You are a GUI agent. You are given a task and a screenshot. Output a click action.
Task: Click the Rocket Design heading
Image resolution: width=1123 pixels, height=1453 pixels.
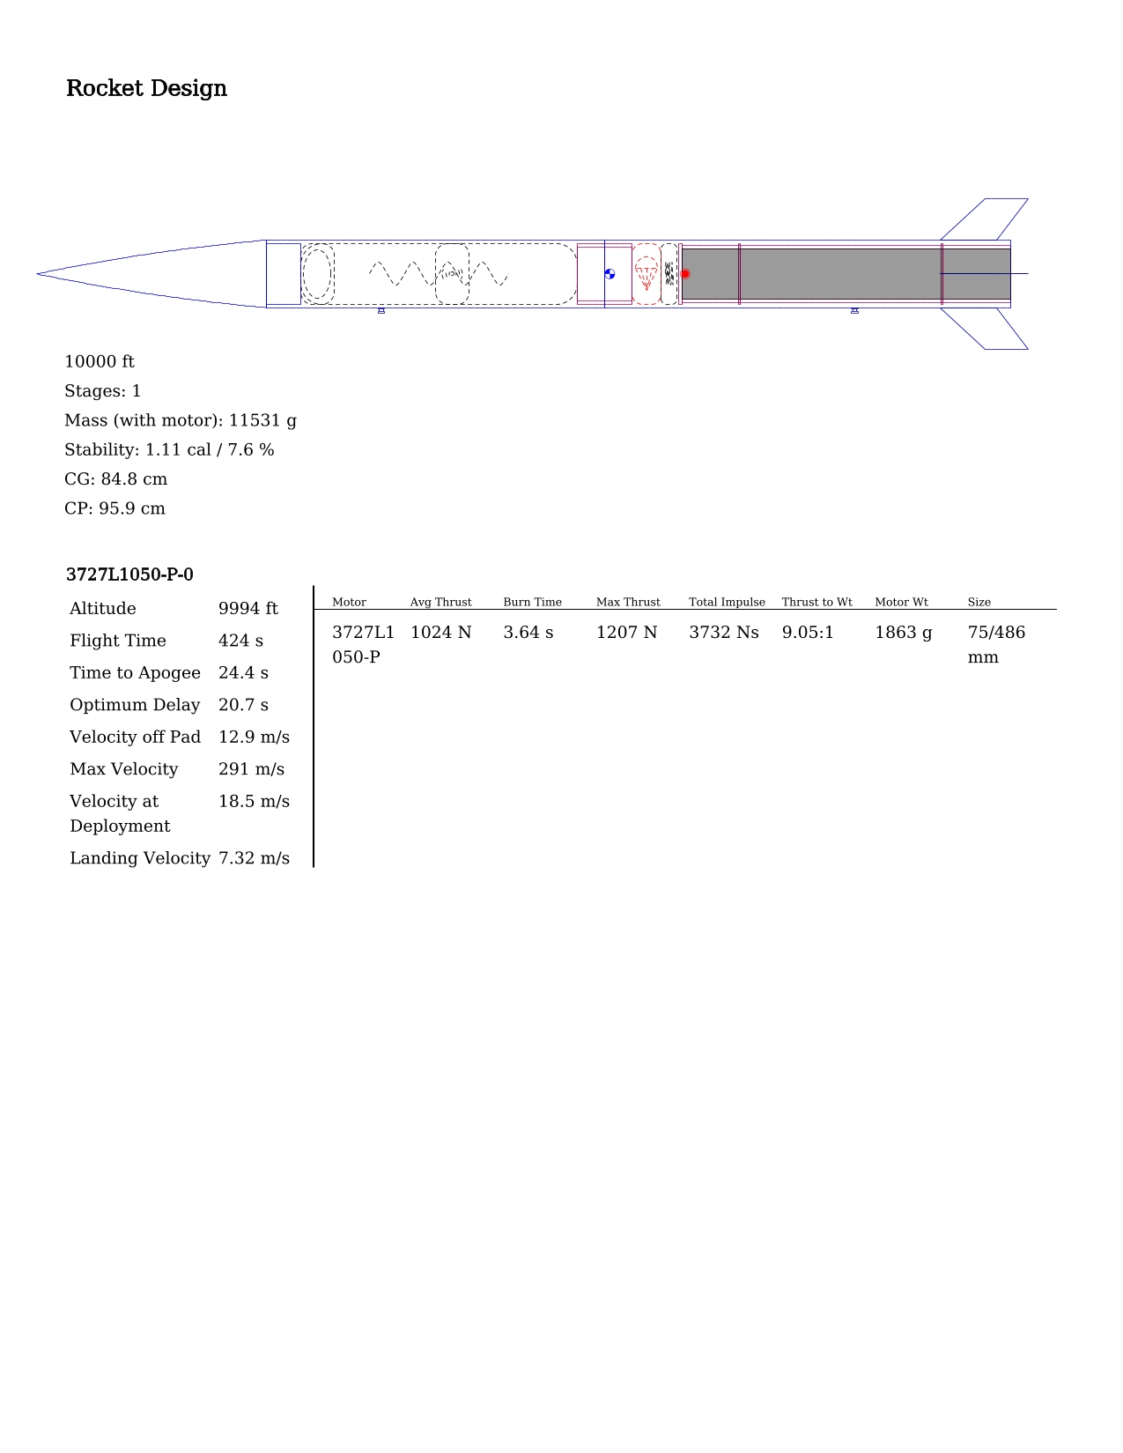tap(145, 88)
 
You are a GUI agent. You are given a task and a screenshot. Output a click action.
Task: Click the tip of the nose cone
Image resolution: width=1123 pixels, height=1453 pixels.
tap(37, 273)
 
